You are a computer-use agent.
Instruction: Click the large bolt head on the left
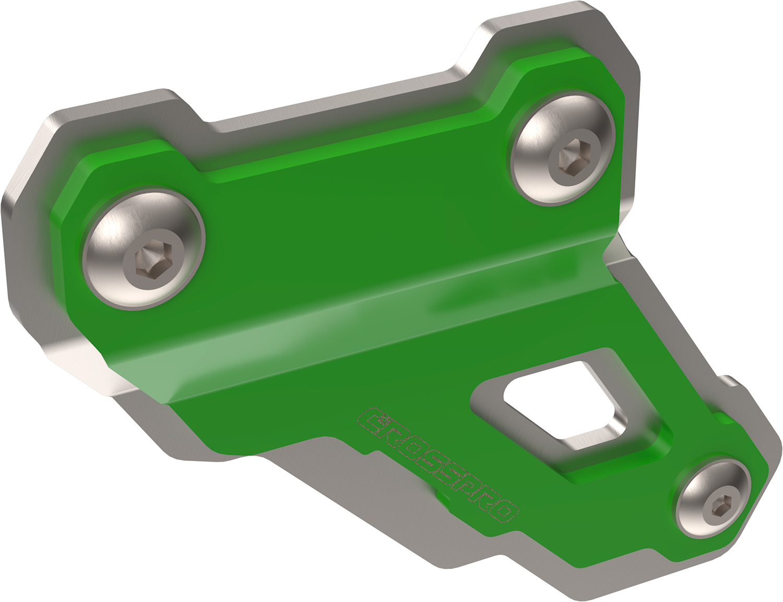[144, 249]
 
